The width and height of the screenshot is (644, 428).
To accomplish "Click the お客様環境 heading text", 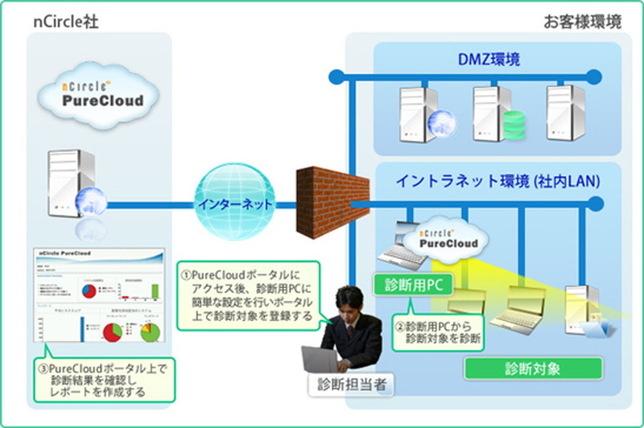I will pyautogui.click(x=582, y=22).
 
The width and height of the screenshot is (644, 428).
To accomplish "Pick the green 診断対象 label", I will pyautogui.click(x=533, y=369).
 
